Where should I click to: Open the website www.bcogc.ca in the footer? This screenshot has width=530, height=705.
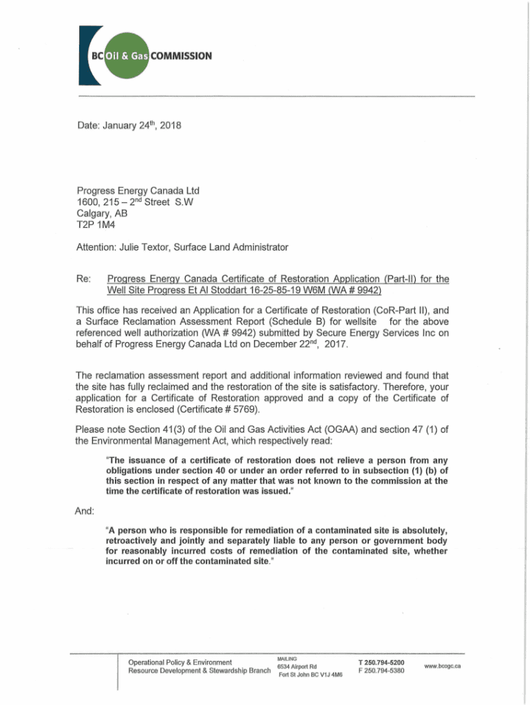click(x=443, y=666)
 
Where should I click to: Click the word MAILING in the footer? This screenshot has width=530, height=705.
click(x=287, y=658)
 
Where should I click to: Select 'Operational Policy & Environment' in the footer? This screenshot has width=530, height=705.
click(x=179, y=662)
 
